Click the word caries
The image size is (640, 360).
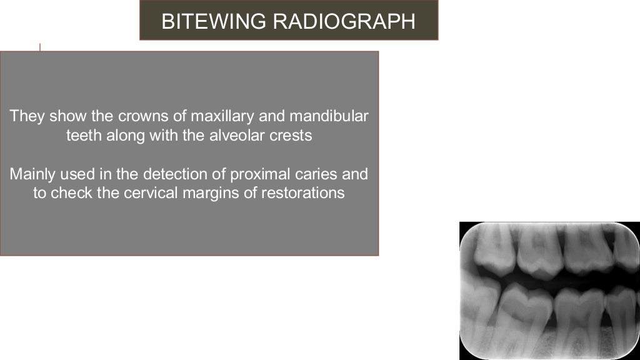(x=303, y=174)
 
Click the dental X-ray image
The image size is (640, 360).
(x=549, y=291)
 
